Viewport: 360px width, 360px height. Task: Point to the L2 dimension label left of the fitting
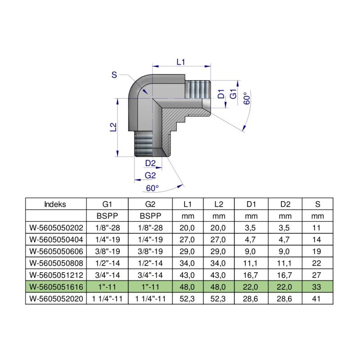(x=113, y=127)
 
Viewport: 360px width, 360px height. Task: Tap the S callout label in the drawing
(x=114, y=75)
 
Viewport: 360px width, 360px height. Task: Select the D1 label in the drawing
(x=221, y=94)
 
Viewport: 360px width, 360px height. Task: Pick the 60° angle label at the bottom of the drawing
(x=153, y=188)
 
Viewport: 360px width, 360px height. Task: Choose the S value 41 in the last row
(x=317, y=298)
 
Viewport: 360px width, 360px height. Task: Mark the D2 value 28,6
(x=285, y=298)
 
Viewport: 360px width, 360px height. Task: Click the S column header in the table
(x=317, y=204)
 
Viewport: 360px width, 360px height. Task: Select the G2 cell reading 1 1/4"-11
(x=150, y=298)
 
